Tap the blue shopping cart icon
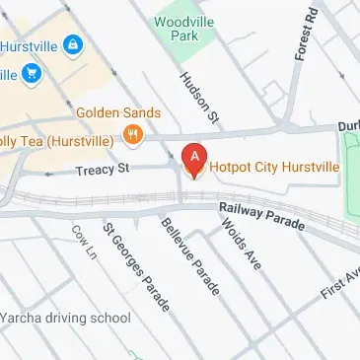coord(32,73)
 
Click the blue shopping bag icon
coord(71,44)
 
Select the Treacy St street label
coord(102,171)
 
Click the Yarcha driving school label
coord(65,318)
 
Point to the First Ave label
coord(339,281)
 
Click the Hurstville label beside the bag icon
coord(28,44)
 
